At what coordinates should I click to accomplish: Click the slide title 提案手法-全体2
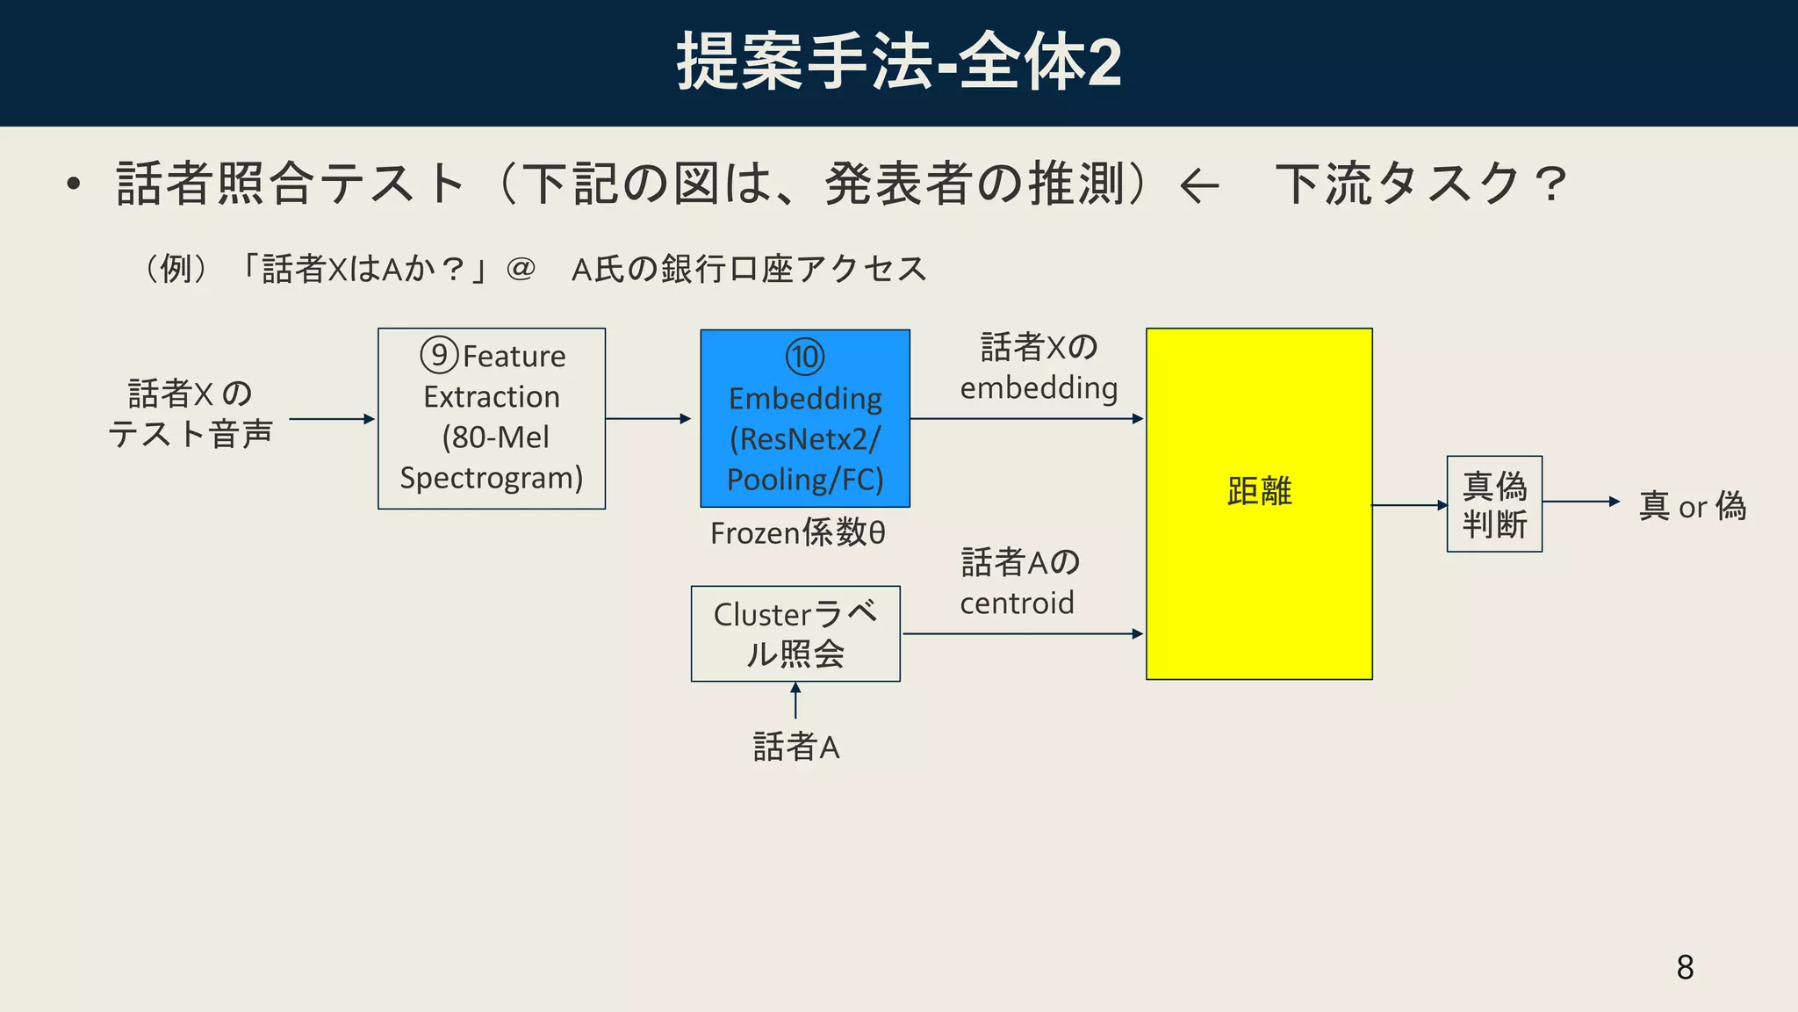pyautogui.click(x=898, y=61)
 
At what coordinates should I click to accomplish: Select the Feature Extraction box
pyautogui.click(x=492, y=419)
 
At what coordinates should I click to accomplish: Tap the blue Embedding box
pyautogui.click(x=805, y=419)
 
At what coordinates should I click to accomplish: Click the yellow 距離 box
pyautogui.click(x=1259, y=503)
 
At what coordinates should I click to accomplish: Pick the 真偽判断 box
pyautogui.click(x=1494, y=504)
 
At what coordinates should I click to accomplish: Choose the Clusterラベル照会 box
pyautogui.click(x=795, y=633)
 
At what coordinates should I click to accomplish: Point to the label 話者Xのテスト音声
pyautogui.click(x=191, y=413)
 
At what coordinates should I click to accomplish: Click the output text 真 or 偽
pyautogui.click(x=1692, y=506)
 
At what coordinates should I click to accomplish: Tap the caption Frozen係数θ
pyautogui.click(x=797, y=532)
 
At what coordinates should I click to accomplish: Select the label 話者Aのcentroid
pyautogui.click(x=1018, y=582)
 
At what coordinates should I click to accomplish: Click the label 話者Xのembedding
pyautogui.click(x=1039, y=367)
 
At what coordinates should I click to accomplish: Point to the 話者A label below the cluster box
pyautogui.click(x=796, y=747)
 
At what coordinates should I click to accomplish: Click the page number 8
pyautogui.click(x=1685, y=967)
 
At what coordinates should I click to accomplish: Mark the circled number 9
pyautogui.click(x=439, y=355)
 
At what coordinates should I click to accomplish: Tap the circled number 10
pyautogui.click(x=805, y=357)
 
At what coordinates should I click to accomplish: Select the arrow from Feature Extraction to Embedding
pyautogui.click(x=648, y=419)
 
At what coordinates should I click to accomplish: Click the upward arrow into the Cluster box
pyautogui.click(x=795, y=701)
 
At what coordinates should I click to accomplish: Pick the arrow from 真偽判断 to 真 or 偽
pyautogui.click(x=1580, y=502)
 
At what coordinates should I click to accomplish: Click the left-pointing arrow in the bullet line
pyautogui.click(x=1199, y=185)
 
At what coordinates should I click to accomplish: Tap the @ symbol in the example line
pyautogui.click(x=521, y=268)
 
